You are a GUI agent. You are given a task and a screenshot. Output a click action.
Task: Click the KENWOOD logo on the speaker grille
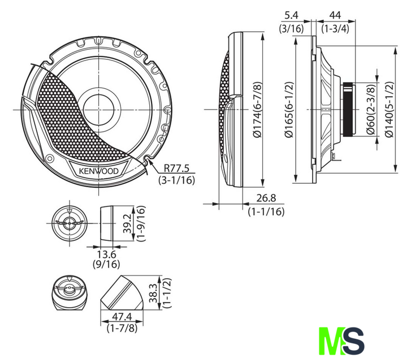(x=99, y=171)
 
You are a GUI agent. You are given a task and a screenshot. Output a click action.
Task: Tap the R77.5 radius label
(x=176, y=168)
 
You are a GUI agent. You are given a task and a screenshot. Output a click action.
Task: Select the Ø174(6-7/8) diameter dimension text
(x=258, y=109)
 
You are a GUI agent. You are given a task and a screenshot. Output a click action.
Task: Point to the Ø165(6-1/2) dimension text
(x=289, y=110)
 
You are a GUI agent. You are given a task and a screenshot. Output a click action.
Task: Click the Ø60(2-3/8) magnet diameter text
(x=371, y=109)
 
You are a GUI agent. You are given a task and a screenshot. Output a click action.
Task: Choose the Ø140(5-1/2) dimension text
(x=390, y=109)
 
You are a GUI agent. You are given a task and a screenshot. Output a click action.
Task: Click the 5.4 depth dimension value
(x=292, y=15)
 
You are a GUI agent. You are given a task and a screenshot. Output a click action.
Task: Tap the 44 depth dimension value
(x=335, y=15)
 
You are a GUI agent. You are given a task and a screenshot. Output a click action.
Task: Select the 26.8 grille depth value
(x=266, y=198)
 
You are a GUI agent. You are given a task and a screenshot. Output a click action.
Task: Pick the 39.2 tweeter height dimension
(x=128, y=223)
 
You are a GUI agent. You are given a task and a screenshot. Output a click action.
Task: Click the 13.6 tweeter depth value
(x=106, y=254)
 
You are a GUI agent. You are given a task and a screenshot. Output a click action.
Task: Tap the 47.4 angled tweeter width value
(x=122, y=317)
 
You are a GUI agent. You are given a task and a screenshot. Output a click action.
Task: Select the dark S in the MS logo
(x=353, y=341)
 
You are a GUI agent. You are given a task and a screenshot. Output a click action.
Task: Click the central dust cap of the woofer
(x=99, y=110)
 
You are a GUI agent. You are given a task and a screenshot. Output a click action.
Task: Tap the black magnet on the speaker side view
(x=348, y=109)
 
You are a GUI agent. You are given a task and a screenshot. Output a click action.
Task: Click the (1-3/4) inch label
(x=335, y=28)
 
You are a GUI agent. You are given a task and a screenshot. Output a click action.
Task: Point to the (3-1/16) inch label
(x=176, y=180)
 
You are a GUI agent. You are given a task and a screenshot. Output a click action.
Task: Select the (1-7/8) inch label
(x=122, y=328)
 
